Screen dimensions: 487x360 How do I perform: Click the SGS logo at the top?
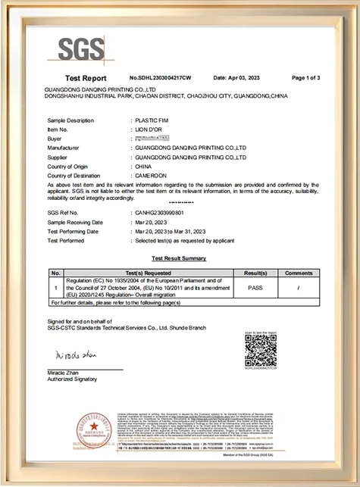click(x=82, y=49)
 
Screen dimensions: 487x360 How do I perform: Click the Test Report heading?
click(x=86, y=78)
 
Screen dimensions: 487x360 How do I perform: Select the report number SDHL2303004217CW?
click(x=160, y=78)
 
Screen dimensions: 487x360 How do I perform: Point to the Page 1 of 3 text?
click(x=306, y=78)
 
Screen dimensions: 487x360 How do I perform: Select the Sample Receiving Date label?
click(x=75, y=223)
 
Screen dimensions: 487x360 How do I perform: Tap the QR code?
click(x=260, y=351)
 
